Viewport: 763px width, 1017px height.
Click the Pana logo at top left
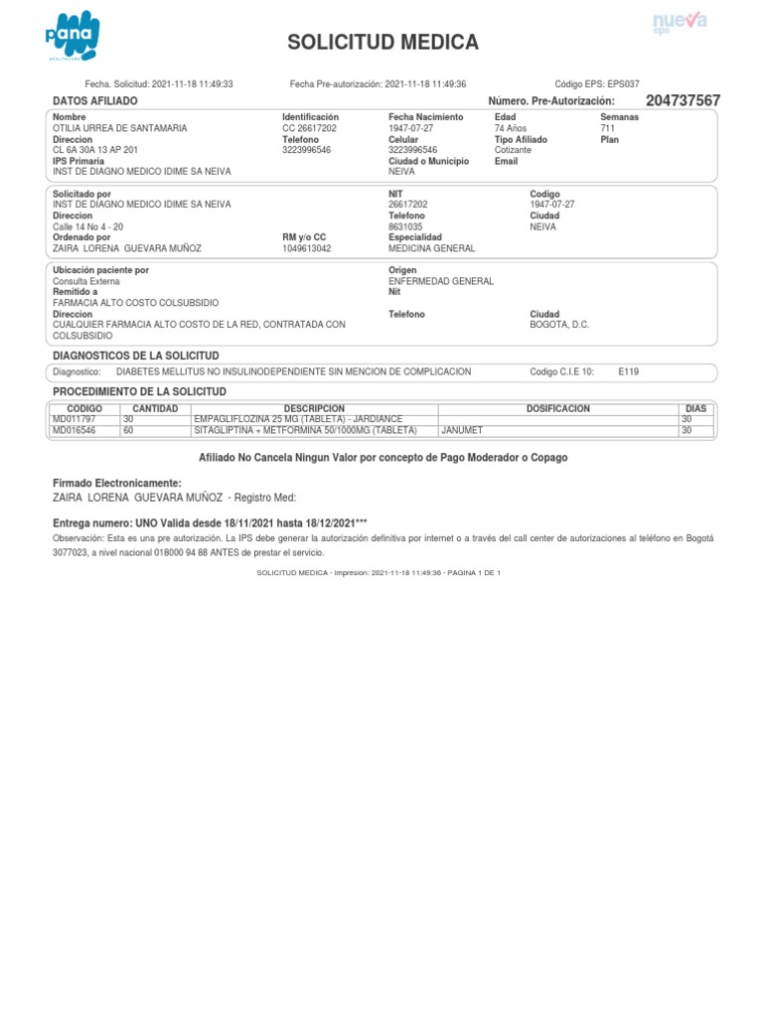point(73,36)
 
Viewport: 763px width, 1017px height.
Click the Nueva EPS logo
point(679,23)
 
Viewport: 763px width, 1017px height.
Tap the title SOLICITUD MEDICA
point(382,43)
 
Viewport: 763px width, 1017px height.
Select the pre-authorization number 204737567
point(683,101)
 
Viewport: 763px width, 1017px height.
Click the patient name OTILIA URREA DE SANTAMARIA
point(119,128)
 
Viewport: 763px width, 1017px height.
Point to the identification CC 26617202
point(309,128)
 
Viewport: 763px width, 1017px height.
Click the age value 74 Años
point(512,128)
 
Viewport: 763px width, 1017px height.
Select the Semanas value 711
point(608,128)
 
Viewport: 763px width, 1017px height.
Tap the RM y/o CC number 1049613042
point(307,248)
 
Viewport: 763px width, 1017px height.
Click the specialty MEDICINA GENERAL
point(431,248)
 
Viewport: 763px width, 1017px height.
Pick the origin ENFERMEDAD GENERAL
point(440,281)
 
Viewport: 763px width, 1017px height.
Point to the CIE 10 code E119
point(628,371)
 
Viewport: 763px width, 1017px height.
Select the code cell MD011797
point(75,419)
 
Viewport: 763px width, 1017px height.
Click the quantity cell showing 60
point(128,431)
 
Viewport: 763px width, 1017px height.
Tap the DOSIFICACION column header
point(557,408)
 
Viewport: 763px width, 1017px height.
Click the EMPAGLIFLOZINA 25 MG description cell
point(298,419)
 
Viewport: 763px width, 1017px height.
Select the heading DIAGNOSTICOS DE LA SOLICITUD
point(135,355)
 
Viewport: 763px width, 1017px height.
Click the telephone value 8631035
point(405,226)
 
